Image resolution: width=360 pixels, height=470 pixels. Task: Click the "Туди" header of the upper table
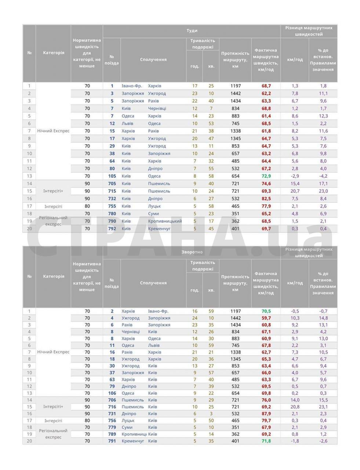click(192, 31)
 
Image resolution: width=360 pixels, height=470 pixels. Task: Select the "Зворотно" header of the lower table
click(192, 252)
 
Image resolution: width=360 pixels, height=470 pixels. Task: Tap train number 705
click(112, 184)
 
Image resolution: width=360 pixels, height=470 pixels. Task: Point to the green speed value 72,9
click(266, 176)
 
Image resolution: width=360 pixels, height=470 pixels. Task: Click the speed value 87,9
click(266, 413)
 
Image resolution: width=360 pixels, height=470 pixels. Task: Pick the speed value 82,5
click(266, 199)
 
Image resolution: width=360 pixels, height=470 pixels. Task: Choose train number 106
click(112, 393)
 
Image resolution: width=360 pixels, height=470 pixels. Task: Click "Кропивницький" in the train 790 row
click(165, 221)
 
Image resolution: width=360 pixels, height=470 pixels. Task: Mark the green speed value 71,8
click(266, 441)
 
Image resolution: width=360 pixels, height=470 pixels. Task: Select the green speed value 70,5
click(266, 311)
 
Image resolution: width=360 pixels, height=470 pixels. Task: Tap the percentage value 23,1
click(323, 407)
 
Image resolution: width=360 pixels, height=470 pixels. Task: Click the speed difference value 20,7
click(295, 191)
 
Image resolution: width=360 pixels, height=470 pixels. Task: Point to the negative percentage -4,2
click(323, 176)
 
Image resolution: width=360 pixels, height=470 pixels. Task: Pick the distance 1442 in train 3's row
click(236, 93)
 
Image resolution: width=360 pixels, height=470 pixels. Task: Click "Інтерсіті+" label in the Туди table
click(53, 191)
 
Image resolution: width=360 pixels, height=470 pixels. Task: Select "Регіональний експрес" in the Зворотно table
click(53, 434)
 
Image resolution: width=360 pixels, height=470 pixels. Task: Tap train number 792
click(112, 228)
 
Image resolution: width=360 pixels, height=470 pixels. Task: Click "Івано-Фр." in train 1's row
click(132, 86)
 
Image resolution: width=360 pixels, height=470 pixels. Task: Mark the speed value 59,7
click(266, 318)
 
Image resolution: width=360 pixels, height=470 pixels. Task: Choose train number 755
click(112, 206)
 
